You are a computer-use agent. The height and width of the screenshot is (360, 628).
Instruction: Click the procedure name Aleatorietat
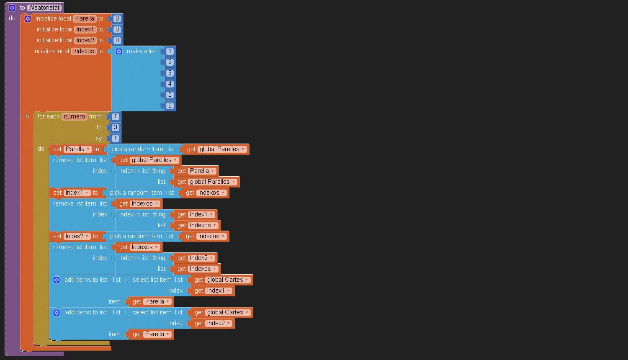[44, 8]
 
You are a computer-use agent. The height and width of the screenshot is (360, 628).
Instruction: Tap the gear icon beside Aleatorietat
[12, 8]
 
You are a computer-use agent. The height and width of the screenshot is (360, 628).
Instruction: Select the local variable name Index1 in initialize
[85, 29]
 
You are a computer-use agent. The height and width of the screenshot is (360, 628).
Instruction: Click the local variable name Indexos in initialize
[84, 51]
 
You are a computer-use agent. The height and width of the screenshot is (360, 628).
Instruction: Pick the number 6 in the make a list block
[170, 105]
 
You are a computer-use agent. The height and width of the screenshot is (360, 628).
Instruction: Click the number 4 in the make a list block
[170, 84]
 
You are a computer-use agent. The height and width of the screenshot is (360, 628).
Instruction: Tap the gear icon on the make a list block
[119, 51]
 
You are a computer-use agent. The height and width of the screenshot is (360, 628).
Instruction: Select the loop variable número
[75, 116]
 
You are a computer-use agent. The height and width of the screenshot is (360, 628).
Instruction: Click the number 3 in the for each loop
[116, 127]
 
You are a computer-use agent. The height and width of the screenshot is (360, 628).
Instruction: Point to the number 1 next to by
[116, 138]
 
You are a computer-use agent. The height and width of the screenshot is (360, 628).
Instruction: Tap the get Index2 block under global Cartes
[213, 323]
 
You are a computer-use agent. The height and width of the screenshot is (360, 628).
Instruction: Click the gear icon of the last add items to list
[57, 312]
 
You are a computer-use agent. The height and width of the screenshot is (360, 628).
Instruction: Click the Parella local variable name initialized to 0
[85, 18]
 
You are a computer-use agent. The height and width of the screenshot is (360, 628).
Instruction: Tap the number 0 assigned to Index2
[117, 40]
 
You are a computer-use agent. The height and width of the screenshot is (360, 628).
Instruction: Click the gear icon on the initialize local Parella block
[28, 18]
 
